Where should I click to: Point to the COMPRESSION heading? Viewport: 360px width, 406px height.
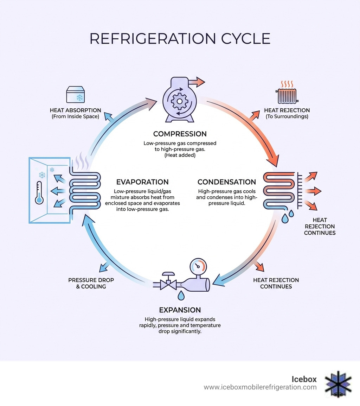tap(180, 134)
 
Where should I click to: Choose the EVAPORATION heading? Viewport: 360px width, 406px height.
tap(142, 182)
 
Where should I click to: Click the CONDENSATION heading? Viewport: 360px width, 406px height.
tap(227, 182)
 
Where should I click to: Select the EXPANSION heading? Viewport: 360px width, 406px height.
tap(180, 310)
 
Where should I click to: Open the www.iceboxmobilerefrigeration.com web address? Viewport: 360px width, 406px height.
tap(260, 387)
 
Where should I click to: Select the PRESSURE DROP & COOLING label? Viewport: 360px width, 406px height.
tap(91, 283)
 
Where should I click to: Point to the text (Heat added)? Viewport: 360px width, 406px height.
tap(180, 155)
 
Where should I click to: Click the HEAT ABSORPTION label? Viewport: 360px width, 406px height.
tap(75, 110)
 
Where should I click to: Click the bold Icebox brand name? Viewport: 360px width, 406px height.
tap(304, 379)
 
